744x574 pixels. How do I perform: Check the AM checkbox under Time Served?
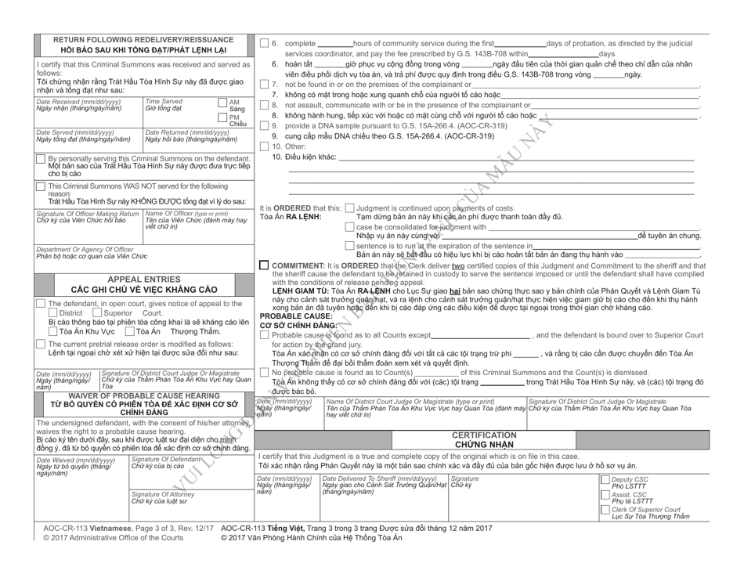click(x=222, y=103)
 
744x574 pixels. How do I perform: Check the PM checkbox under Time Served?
click(x=222, y=117)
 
